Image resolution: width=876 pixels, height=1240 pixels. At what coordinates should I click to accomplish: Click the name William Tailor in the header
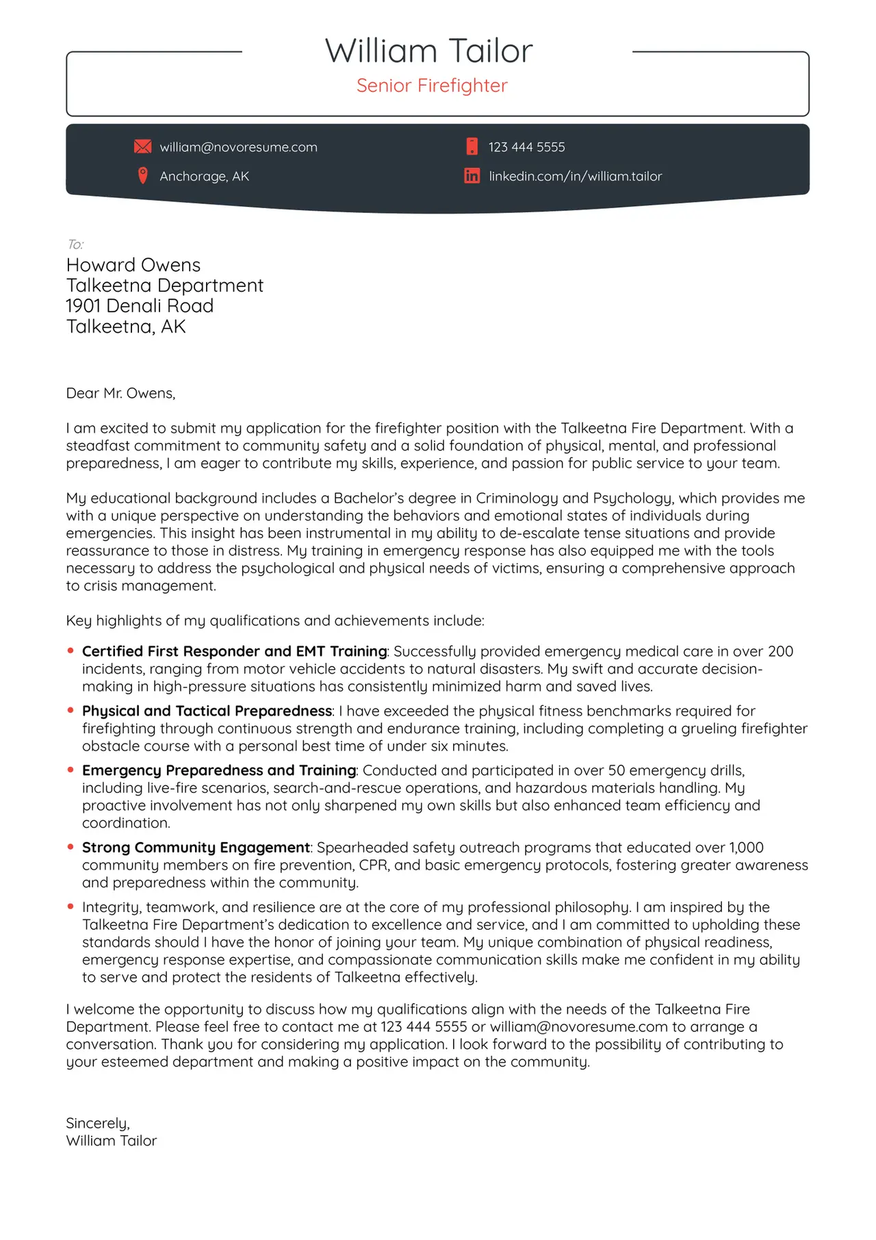[428, 51]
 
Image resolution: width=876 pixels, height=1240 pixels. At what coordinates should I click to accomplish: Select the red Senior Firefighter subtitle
[432, 86]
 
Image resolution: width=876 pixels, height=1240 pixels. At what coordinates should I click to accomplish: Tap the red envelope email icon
[142, 147]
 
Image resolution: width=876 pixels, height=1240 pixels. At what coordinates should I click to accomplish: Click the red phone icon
[472, 146]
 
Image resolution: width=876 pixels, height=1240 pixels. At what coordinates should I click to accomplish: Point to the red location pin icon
[142, 176]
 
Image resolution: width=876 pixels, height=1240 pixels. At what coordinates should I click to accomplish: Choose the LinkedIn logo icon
[472, 176]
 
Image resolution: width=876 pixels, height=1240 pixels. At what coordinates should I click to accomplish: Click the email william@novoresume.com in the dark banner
[238, 147]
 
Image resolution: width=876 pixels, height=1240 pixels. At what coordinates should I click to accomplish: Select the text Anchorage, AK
[204, 177]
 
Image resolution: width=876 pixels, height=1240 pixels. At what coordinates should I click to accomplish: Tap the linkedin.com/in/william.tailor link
[575, 177]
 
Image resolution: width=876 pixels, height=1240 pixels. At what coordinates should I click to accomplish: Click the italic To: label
[75, 244]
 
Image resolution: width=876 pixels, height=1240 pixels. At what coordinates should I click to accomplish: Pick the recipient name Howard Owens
[133, 265]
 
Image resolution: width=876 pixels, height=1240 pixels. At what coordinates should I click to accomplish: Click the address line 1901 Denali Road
[140, 306]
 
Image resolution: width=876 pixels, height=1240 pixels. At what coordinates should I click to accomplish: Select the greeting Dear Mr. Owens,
[120, 393]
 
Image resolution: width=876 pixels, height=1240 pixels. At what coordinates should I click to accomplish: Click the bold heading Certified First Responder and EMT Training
[234, 651]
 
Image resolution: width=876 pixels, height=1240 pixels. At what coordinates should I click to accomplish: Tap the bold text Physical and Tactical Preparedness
[207, 711]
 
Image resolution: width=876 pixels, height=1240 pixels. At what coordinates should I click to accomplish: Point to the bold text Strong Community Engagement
[196, 848]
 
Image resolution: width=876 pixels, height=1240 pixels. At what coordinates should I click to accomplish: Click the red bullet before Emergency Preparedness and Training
[70, 770]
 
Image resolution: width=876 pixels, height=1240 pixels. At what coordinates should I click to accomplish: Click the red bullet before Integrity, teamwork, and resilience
[70, 907]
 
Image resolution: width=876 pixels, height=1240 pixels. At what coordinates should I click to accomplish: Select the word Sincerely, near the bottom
[98, 1123]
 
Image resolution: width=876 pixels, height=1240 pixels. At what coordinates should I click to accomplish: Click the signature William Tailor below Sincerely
[112, 1141]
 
